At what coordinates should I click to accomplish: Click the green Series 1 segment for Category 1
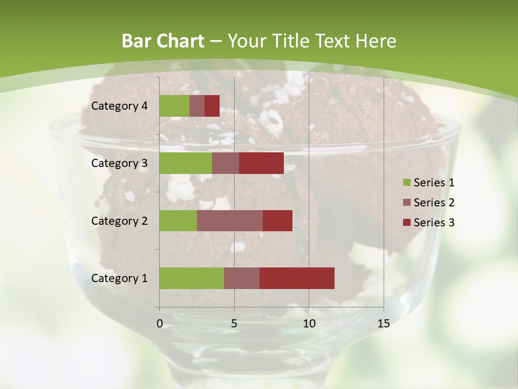[191, 278]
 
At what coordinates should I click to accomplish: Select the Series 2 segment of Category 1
[241, 278]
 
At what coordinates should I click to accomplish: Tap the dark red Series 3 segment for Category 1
[297, 278]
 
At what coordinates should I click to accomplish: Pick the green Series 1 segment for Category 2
[178, 220]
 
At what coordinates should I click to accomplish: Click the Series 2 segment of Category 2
[229, 220]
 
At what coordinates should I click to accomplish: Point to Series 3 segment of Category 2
[277, 220]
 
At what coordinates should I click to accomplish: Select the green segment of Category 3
[185, 163]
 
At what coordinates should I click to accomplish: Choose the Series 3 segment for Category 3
[261, 163]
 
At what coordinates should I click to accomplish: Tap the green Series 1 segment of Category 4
[174, 106]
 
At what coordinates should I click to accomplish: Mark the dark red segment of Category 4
[212, 106]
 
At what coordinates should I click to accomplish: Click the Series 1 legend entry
[428, 183]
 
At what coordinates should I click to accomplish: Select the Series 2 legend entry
[428, 203]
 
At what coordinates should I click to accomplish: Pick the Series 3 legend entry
[428, 223]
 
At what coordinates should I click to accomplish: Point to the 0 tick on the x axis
[159, 324]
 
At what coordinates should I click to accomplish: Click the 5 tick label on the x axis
[234, 324]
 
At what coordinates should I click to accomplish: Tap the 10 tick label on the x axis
[309, 324]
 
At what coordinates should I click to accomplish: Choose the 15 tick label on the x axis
[383, 324]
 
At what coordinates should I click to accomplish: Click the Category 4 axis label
[119, 106]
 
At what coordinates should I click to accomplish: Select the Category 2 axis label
[119, 220]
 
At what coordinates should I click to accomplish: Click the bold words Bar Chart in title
[162, 41]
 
